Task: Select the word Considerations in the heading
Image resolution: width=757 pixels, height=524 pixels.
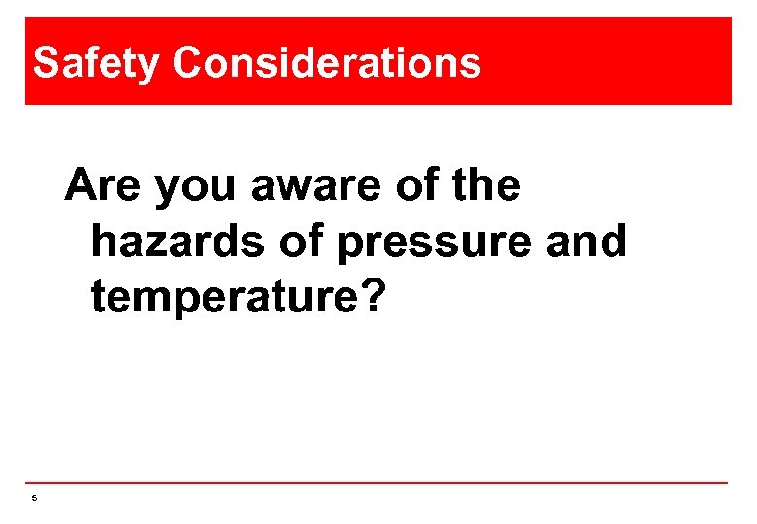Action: tap(327, 63)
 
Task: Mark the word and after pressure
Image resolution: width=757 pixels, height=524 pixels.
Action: tap(586, 241)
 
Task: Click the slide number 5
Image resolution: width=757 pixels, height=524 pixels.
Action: tap(33, 499)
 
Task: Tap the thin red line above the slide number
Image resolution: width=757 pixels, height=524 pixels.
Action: tap(378, 483)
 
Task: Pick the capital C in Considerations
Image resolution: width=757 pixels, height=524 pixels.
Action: tap(188, 63)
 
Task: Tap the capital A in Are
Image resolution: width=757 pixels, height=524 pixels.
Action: tap(82, 184)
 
